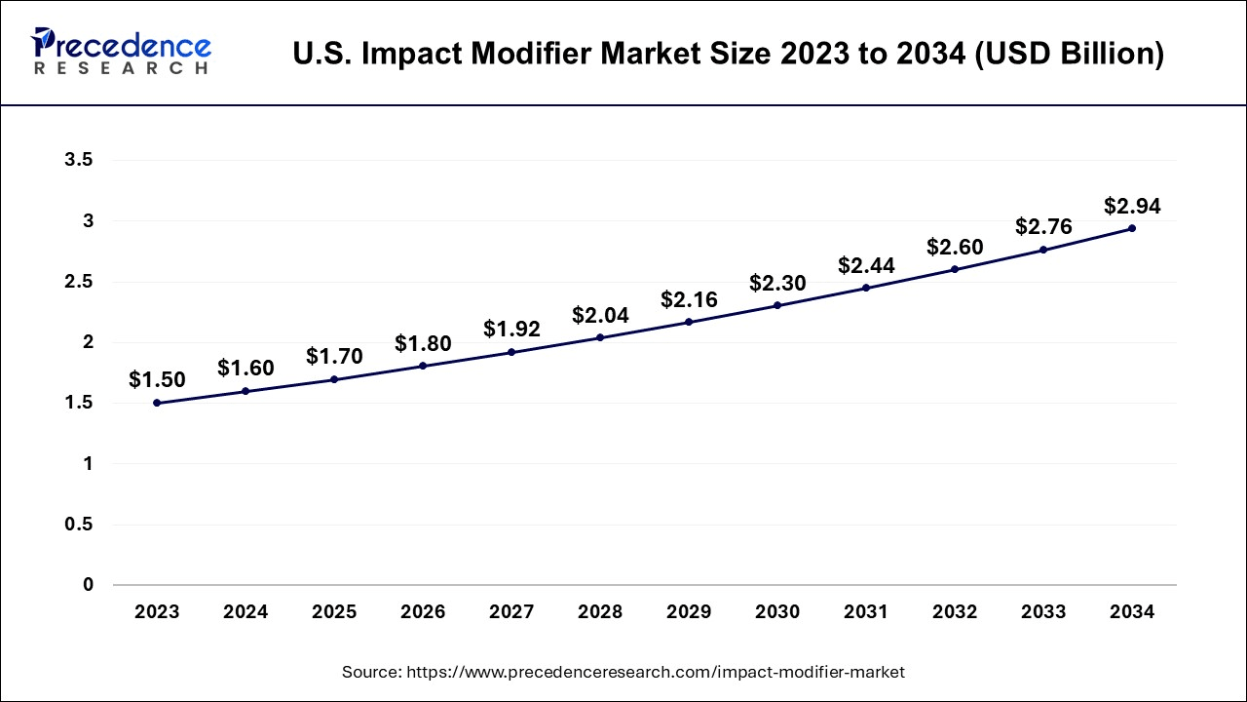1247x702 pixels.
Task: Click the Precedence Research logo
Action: [x=121, y=52]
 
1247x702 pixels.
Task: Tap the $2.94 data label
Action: [x=1132, y=206]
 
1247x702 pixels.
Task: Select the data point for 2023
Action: [x=157, y=403]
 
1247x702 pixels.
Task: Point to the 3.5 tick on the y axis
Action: [x=79, y=161]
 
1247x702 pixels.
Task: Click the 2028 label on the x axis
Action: [x=600, y=612]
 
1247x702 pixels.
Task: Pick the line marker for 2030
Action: [x=777, y=305]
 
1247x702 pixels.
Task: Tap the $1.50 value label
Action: [x=157, y=380]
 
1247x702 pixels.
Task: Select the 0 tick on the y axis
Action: [x=88, y=585]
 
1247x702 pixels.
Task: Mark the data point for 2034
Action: [x=1132, y=228]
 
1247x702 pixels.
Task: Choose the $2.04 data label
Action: [x=600, y=315]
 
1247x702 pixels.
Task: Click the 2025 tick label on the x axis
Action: [x=334, y=612]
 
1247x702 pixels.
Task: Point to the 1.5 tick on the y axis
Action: [x=79, y=404]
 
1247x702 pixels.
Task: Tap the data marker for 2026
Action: [x=423, y=366]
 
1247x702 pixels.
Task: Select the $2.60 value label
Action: [x=955, y=247]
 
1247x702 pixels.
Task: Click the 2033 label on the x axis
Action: [x=1043, y=612]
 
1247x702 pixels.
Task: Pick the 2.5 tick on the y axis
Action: [x=79, y=282]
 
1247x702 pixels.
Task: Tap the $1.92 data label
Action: [x=511, y=330]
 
